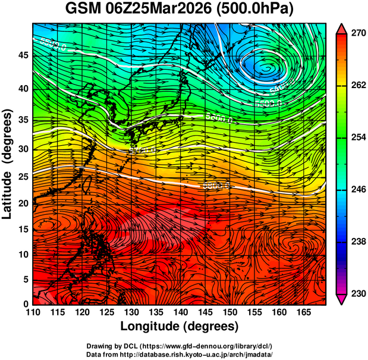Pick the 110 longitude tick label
(33, 312)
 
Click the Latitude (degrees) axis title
(8, 164)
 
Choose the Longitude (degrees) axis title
(180, 326)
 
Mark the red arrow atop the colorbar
(342, 28)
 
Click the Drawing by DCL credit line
(179, 346)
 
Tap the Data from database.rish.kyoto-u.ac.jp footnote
(179, 354)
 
